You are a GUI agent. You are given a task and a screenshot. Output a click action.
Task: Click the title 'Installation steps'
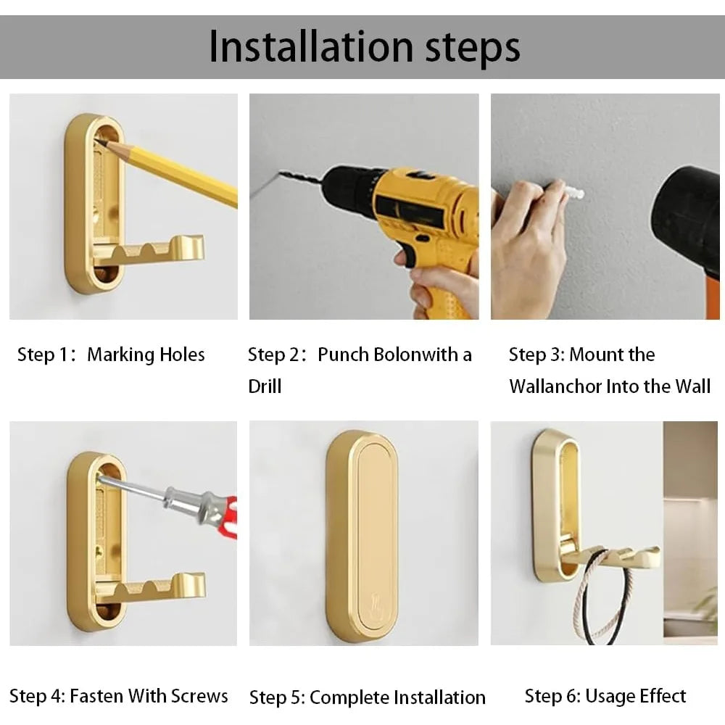[x=364, y=47]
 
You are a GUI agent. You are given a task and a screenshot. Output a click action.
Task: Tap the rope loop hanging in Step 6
[x=602, y=602]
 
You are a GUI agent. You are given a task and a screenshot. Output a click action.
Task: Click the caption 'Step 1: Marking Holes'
[x=111, y=355]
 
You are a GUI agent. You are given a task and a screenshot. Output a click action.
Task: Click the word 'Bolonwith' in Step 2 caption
[x=408, y=355]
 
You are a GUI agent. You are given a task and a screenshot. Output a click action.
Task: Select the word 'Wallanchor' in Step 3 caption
[x=555, y=386]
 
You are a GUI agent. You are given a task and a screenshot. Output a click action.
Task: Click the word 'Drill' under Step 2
[x=265, y=386]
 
